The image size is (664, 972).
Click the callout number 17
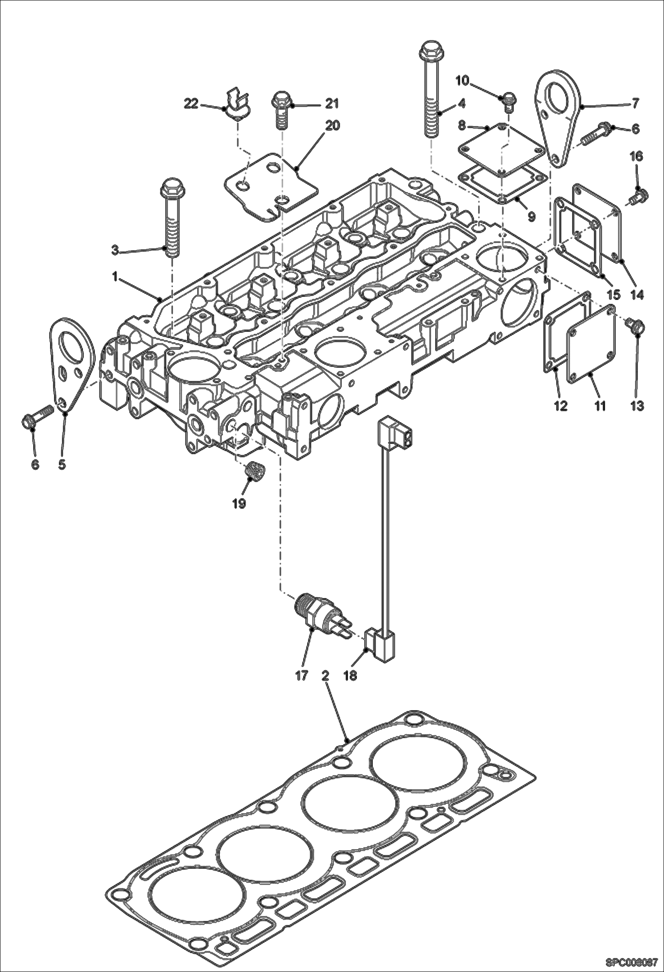[x=301, y=676]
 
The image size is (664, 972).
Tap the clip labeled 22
[x=238, y=106]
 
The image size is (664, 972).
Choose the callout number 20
[x=332, y=126]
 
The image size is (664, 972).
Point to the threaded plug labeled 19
[x=255, y=471]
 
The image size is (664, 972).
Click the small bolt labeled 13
[x=635, y=328]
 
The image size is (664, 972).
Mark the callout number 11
[x=600, y=405]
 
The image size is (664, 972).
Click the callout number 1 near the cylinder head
[x=114, y=278]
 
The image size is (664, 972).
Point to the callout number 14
[x=637, y=294]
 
